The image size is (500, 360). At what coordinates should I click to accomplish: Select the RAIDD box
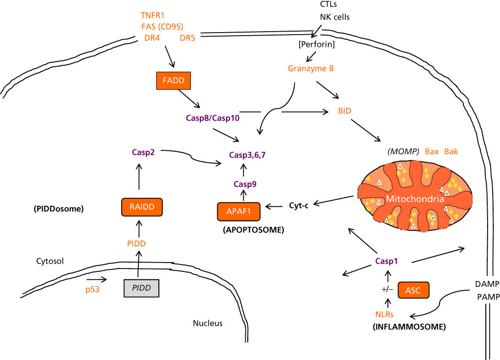click(139, 207)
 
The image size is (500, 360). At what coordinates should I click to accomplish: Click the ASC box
click(412, 290)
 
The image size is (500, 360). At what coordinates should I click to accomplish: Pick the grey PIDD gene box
click(141, 287)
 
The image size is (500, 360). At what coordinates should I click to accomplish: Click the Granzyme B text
click(311, 69)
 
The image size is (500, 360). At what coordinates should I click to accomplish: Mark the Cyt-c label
click(299, 205)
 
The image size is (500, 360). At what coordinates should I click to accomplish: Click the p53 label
click(92, 290)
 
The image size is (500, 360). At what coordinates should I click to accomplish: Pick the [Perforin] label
click(317, 45)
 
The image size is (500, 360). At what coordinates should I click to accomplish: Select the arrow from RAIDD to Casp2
click(139, 177)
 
